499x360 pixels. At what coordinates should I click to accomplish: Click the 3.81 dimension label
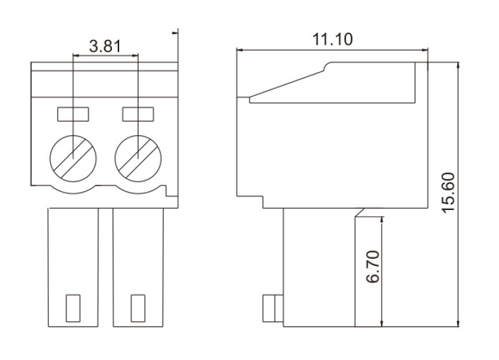tap(105, 46)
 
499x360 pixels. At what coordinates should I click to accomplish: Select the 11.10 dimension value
tap(333, 39)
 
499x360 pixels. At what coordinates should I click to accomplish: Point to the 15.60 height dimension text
tap(448, 193)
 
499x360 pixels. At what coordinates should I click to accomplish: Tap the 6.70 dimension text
tap(373, 267)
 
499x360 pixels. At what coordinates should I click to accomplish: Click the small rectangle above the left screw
tap(73, 114)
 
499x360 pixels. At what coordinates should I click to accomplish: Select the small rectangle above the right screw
tap(138, 114)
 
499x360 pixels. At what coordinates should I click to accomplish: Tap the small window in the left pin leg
tap(73, 308)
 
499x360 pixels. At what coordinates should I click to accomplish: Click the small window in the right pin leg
tap(138, 308)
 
